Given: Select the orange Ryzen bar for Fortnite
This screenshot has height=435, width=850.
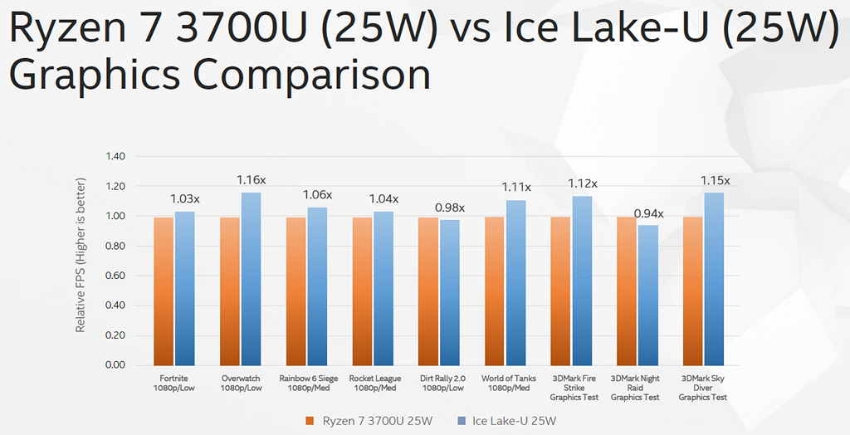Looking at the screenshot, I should tap(164, 291).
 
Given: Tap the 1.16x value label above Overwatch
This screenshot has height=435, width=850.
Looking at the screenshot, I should tap(250, 180).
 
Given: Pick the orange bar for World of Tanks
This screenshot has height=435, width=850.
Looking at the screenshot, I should tap(495, 291).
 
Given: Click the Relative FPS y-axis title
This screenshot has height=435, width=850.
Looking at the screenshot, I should tap(81, 254).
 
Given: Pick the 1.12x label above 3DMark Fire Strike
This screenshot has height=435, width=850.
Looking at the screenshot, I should tap(582, 183).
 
